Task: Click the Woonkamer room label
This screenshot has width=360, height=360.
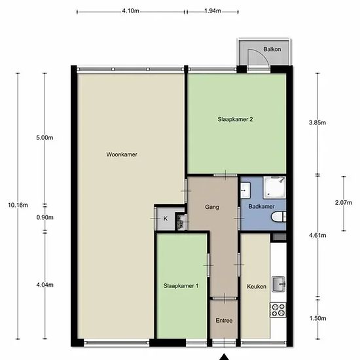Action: pos(122,154)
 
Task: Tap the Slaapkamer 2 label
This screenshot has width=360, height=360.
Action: pos(235,119)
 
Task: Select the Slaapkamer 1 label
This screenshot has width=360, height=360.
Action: pos(181,286)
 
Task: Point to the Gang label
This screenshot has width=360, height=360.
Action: pos(211,207)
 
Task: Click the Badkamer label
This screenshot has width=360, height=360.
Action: pos(261,206)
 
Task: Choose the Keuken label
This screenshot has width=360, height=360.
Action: pos(257,287)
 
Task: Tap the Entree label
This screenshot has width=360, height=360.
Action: pos(224,321)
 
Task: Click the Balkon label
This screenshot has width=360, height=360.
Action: pos(272,49)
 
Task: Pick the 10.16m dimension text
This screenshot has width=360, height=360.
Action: pos(18,205)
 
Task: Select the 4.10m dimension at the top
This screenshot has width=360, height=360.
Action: pos(130,10)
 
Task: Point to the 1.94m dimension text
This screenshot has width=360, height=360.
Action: pos(213,10)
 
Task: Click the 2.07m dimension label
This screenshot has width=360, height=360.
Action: pos(344,203)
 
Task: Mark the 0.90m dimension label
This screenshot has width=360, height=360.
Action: pos(45,217)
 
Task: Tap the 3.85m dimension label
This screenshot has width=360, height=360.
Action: pos(317,122)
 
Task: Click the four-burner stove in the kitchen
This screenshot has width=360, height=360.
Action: pos(278,310)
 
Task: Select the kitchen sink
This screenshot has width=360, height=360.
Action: pos(278,284)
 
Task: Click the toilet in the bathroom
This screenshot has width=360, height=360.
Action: pos(278,217)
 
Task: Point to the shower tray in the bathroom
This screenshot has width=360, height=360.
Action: pos(274,187)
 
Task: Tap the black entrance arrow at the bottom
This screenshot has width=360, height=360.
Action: pos(224,357)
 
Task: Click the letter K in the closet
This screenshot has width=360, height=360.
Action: pos(166,219)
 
